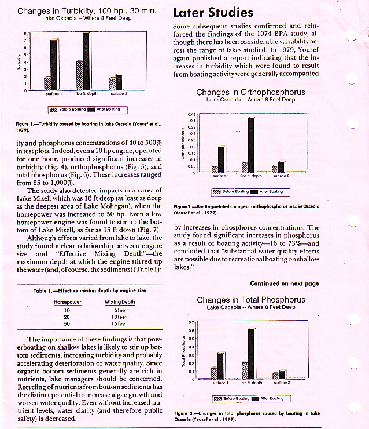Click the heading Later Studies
[x=213, y=13]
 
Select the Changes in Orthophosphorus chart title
[x=250, y=92]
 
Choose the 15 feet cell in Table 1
[x=119, y=324]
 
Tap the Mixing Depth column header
[x=120, y=303]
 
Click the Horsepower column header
[x=67, y=303]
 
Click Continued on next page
[x=284, y=283]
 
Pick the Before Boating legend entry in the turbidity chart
[x=68, y=109]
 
